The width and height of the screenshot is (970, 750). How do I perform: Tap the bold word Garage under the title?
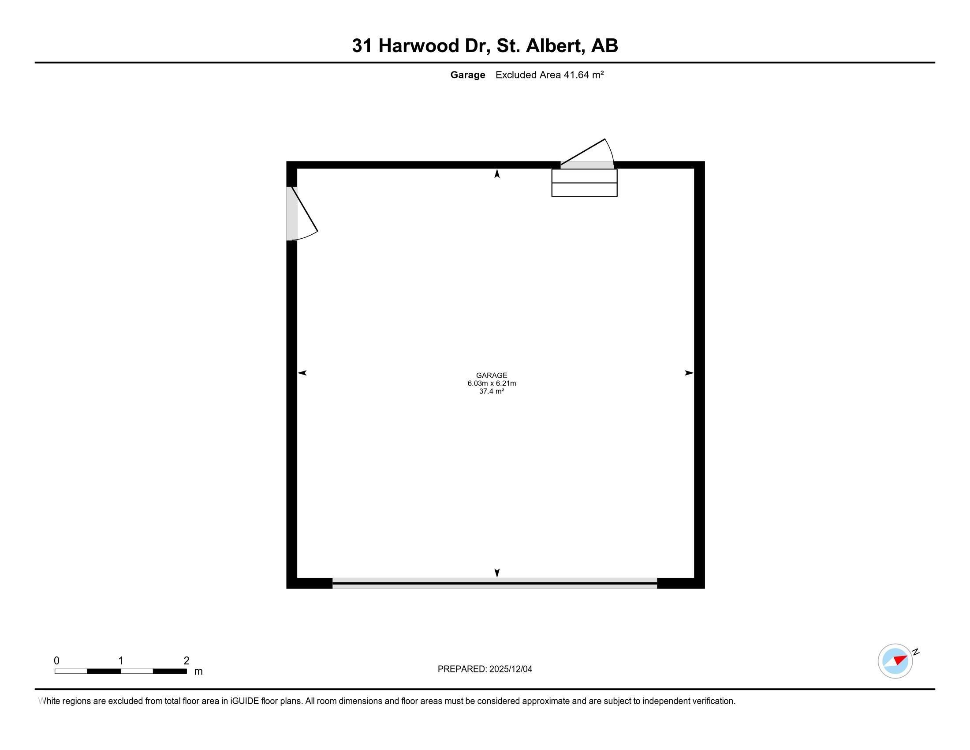(x=467, y=75)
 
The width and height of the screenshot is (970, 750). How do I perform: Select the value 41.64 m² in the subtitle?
(x=583, y=75)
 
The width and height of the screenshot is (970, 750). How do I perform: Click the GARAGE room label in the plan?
(x=491, y=375)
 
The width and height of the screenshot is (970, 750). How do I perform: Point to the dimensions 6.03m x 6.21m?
(x=491, y=383)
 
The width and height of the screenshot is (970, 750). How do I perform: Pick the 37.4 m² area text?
(x=491, y=391)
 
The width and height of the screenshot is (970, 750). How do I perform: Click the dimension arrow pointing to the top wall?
(x=497, y=174)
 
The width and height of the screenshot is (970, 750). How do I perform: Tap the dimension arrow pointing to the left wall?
(x=302, y=373)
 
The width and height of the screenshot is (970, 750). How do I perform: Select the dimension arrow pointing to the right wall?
(x=689, y=373)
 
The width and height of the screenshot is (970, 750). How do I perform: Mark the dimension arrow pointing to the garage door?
(x=497, y=573)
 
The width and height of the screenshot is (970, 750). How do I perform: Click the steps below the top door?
(x=584, y=183)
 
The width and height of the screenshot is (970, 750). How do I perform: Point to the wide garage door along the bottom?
(x=494, y=583)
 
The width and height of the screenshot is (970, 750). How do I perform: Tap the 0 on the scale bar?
(x=56, y=661)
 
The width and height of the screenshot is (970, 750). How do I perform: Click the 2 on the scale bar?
(x=187, y=661)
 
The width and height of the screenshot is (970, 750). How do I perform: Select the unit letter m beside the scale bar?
(x=198, y=671)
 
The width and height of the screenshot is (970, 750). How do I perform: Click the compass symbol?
(x=895, y=661)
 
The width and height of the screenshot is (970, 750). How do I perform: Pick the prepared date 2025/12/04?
(x=510, y=669)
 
